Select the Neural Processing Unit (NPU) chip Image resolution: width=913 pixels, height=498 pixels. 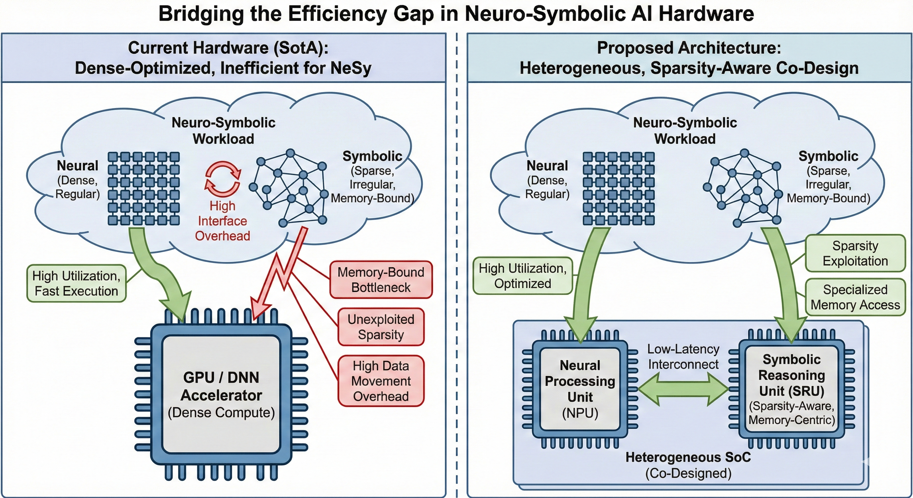pyautogui.click(x=580, y=389)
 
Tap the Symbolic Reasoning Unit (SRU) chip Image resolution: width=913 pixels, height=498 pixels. pyautogui.click(x=791, y=389)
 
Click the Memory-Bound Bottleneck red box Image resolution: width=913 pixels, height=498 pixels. pyautogui.click(x=381, y=280)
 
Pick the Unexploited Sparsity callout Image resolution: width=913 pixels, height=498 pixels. pyautogui.click(x=381, y=327)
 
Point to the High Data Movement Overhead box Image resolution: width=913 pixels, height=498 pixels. pyautogui.click(x=381, y=381)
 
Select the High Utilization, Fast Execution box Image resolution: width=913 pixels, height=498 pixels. pyautogui.click(x=76, y=283)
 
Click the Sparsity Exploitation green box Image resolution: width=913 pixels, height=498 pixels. pyautogui.click(x=855, y=253)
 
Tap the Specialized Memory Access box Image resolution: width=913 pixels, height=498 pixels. pyautogui.click(x=855, y=297)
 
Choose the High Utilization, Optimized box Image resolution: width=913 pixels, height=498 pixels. pyautogui.click(x=522, y=276)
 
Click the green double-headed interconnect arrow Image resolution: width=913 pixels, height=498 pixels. pyautogui.click(x=683, y=389)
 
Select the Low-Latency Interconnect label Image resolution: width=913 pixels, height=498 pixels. pyautogui.click(x=683, y=357)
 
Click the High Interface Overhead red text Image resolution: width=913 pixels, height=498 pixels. pyautogui.click(x=223, y=221)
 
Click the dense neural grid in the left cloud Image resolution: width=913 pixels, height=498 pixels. pyautogui.click(x=144, y=189)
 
